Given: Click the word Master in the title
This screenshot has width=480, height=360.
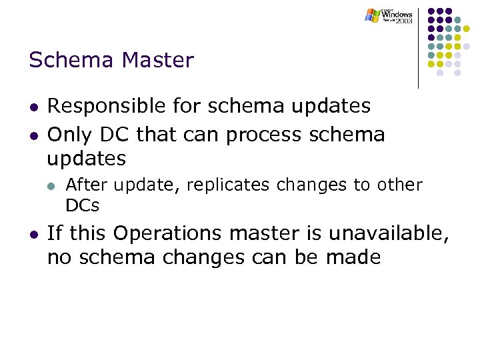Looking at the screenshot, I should coord(157,61).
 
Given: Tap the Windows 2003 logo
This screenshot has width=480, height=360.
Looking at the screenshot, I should coord(389,16).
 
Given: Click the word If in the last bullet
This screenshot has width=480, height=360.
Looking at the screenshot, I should coord(55,234).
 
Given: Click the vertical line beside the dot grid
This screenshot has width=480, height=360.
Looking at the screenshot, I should coord(419,47).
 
